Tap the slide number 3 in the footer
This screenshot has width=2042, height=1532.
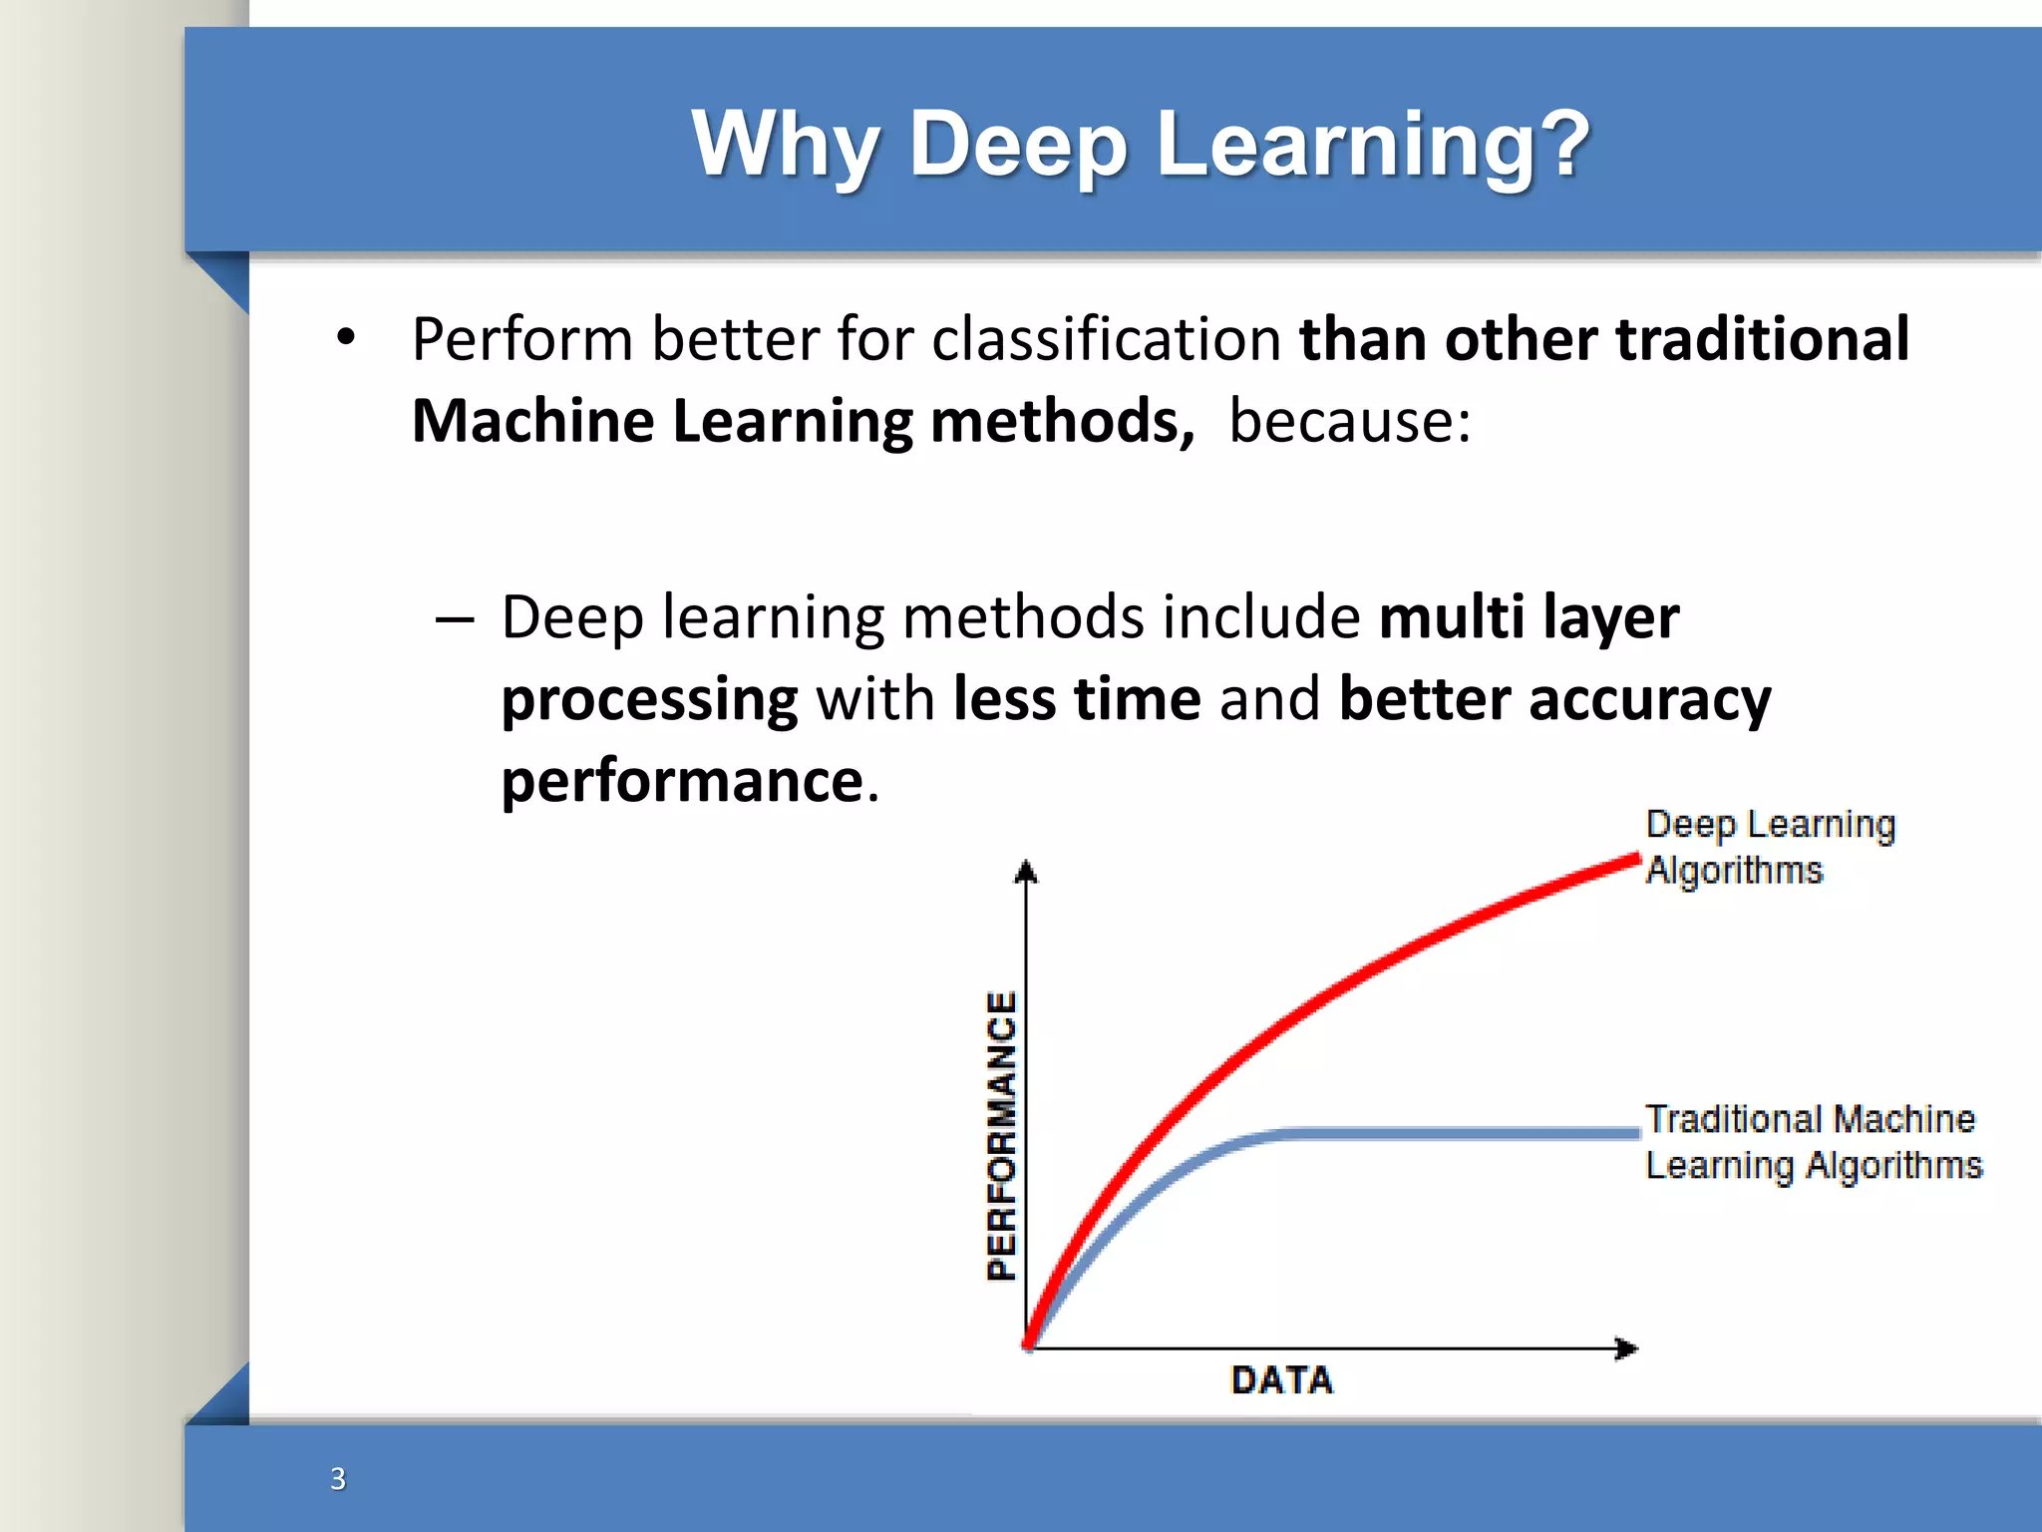(x=338, y=1478)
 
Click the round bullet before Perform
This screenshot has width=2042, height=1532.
(x=345, y=338)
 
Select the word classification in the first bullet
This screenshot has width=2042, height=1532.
(x=1106, y=339)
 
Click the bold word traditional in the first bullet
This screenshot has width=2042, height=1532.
(x=1762, y=339)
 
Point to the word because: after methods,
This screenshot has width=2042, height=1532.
(x=1350, y=421)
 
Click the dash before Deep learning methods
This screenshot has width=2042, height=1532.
(x=455, y=619)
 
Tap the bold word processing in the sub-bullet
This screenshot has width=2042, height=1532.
(x=649, y=700)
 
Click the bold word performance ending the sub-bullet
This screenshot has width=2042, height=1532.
(x=682, y=780)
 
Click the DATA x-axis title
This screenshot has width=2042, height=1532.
(x=1281, y=1380)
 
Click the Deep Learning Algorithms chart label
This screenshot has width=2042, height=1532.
(x=1769, y=847)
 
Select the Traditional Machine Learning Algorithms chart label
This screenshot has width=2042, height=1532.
(x=1812, y=1142)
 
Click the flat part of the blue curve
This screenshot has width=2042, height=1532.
(x=1456, y=1133)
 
